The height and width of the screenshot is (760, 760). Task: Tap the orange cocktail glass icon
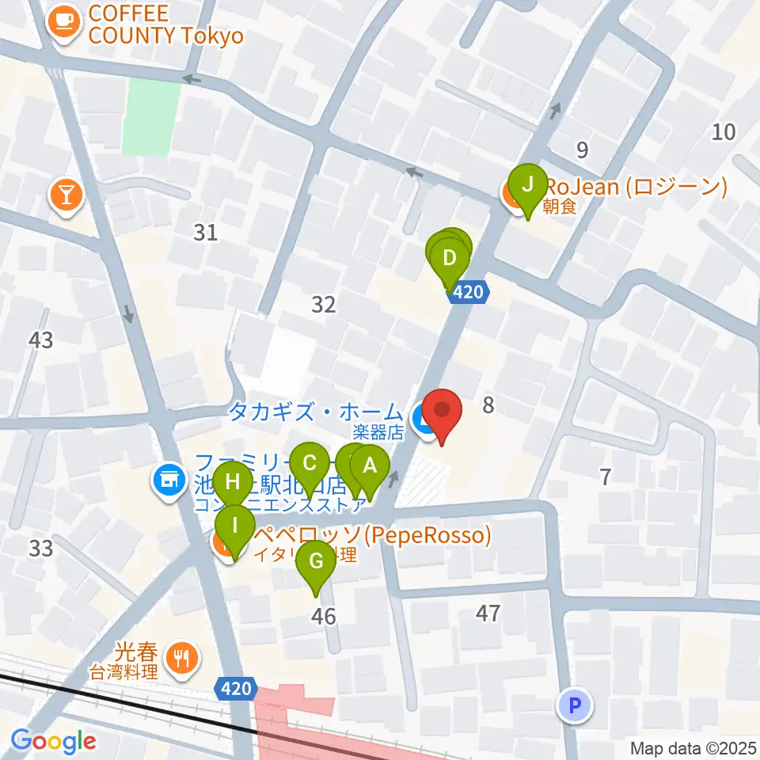(x=66, y=194)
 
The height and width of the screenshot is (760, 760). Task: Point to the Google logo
(x=54, y=742)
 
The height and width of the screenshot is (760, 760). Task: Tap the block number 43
(x=40, y=340)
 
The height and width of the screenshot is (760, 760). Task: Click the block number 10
(x=724, y=132)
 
